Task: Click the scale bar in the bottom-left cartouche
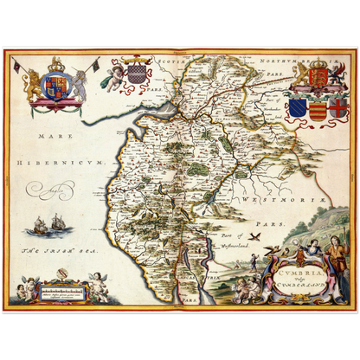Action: pyautogui.click(x=68, y=292)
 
